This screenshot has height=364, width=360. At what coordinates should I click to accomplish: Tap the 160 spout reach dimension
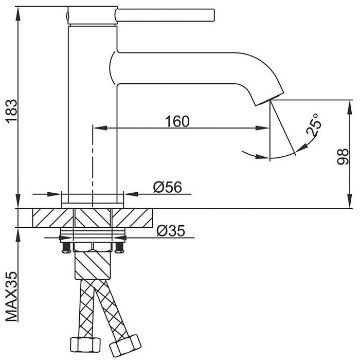pyautogui.click(x=177, y=121)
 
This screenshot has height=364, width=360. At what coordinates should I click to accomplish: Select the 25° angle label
pyautogui.click(x=313, y=125)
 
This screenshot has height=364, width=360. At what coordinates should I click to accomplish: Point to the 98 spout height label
pyautogui.click(x=343, y=157)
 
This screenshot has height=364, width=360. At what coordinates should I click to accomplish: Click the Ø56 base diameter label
pyautogui.click(x=168, y=187)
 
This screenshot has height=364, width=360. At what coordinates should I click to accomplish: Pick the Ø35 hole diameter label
pyautogui.click(x=171, y=230)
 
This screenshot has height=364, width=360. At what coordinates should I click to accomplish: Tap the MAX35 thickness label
pyautogui.click(x=11, y=296)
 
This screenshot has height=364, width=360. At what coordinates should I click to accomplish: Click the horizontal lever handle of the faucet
pyautogui.click(x=165, y=15)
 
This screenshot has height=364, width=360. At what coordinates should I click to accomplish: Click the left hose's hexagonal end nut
pyautogui.click(x=85, y=344)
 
